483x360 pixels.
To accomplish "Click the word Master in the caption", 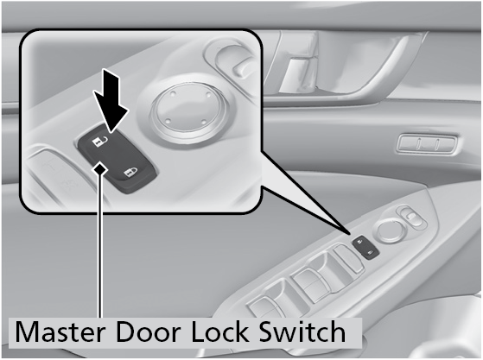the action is tap(60, 332).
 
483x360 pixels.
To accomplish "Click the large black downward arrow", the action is tap(111, 100).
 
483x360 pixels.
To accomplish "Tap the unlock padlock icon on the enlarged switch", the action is tap(101, 142).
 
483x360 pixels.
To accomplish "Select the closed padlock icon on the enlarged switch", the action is tap(131, 174).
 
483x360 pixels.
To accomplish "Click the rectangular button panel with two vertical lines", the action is tap(427, 143).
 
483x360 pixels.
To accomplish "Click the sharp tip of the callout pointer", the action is tap(351, 233).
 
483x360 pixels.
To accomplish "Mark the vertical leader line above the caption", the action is tap(99, 244).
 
